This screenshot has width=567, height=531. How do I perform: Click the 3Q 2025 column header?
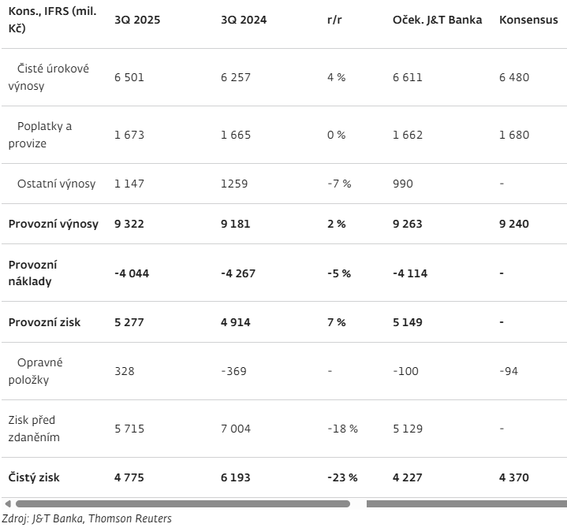coord(137,20)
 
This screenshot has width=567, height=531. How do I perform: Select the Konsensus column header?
coord(528,20)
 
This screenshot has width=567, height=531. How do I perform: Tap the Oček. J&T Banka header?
coord(437,20)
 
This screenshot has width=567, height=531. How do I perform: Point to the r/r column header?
coord(334,20)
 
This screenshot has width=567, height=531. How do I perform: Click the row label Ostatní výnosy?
coord(57,184)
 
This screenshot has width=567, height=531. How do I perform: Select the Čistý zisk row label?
coord(34,477)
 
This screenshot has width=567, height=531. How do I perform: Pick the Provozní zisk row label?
coord(44,322)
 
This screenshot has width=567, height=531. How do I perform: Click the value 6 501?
coord(129,77)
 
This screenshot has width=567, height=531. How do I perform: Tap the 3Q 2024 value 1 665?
coord(236,135)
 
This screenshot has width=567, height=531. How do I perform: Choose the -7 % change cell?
coord(339,184)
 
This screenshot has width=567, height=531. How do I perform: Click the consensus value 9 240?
coord(514,224)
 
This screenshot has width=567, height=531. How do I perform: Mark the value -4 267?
coord(238,273)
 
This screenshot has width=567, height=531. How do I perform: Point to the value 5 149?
coord(408,322)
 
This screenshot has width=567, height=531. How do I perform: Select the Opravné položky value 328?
coord(125,371)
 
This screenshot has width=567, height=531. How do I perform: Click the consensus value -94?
coord(509,371)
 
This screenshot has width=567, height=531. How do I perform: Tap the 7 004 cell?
coord(236,429)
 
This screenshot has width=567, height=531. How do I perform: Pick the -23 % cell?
coord(342,477)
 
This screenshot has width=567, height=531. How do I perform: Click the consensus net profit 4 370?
coord(514,477)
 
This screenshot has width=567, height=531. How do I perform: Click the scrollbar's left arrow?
coord(8,503)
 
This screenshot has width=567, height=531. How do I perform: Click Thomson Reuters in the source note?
coord(130,518)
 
